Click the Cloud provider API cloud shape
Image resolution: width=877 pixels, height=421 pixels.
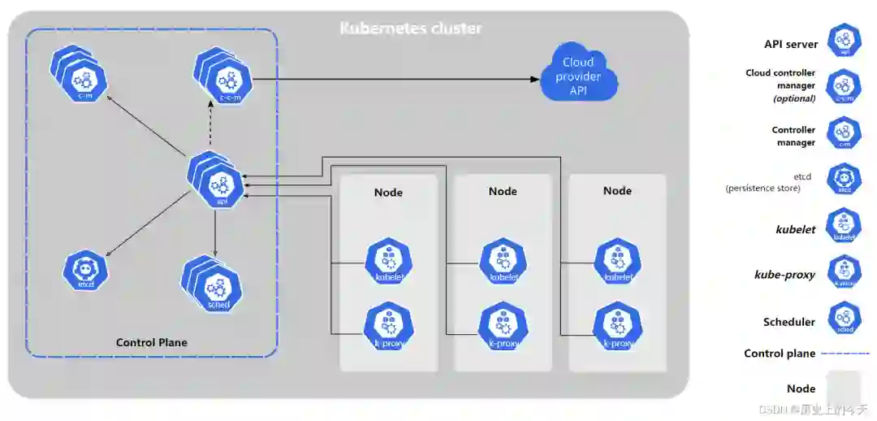[x=578, y=75]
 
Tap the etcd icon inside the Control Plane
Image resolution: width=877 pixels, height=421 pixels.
[x=85, y=271]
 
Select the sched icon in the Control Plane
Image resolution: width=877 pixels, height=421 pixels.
[x=218, y=289]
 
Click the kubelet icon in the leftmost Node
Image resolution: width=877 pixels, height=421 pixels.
[x=389, y=262]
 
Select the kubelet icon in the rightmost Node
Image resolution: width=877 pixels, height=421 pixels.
[x=618, y=262]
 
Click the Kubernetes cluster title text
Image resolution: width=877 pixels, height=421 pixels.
[x=410, y=28]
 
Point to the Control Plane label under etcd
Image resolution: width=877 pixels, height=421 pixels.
[x=152, y=342]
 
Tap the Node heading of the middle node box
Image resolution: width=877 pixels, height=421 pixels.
[x=503, y=191]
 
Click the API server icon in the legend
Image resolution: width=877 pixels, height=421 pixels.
[x=844, y=41]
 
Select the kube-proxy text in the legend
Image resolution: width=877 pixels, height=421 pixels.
[x=784, y=275]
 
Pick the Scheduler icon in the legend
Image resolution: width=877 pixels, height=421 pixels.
[x=844, y=318]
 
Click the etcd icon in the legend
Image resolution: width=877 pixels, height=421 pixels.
[x=844, y=179]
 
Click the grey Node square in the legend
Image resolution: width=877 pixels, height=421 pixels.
[x=844, y=388]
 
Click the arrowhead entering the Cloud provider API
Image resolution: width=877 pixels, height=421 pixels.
[x=535, y=79]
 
